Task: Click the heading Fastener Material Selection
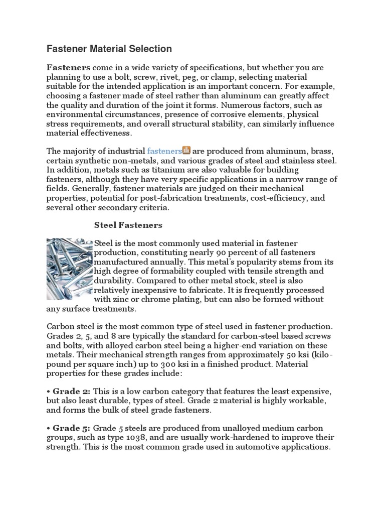[x=109, y=49]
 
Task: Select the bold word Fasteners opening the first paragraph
[x=69, y=67]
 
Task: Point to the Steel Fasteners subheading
[x=128, y=225]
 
